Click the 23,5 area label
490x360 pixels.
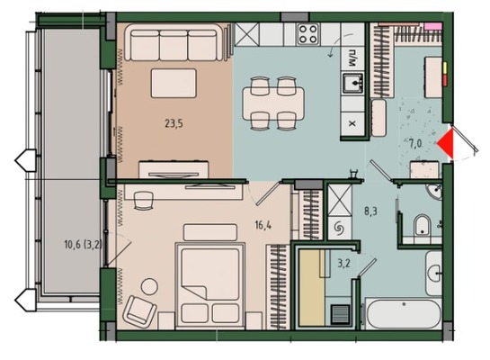click(x=174, y=124)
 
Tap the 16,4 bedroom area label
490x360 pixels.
click(x=263, y=225)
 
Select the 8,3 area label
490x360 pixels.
click(x=370, y=211)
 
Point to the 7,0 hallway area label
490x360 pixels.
click(x=415, y=144)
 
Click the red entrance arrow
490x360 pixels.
click(x=446, y=144)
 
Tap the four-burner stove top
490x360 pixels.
click(x=308, y=34)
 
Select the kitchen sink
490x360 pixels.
click(x=352, y=83)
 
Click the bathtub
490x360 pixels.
click(x=404, y=314)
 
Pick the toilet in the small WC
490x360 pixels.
click(x=422, y=225)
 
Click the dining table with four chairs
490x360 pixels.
click(x=273, y=103)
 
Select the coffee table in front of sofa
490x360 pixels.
click(x=174, y=83)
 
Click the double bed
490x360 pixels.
click(x=209, y=285)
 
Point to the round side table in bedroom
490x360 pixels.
click(x=149, y=286)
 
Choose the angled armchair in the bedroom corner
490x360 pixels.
click(x=139, y=311)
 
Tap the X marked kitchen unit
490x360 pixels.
click(x=352, y=123)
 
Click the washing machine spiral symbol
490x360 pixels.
click(x=339, y=228)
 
